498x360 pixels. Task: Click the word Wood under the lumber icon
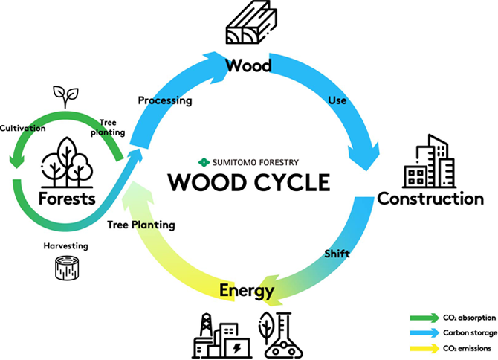point(248,66)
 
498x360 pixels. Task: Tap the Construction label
point(430,199)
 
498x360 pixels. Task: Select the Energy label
point(247,290)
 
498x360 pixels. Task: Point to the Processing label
point(165,100)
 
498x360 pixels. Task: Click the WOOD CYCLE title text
point(248,182)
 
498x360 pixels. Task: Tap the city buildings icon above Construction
point(430,161)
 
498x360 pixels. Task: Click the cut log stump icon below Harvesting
point(67,269)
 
